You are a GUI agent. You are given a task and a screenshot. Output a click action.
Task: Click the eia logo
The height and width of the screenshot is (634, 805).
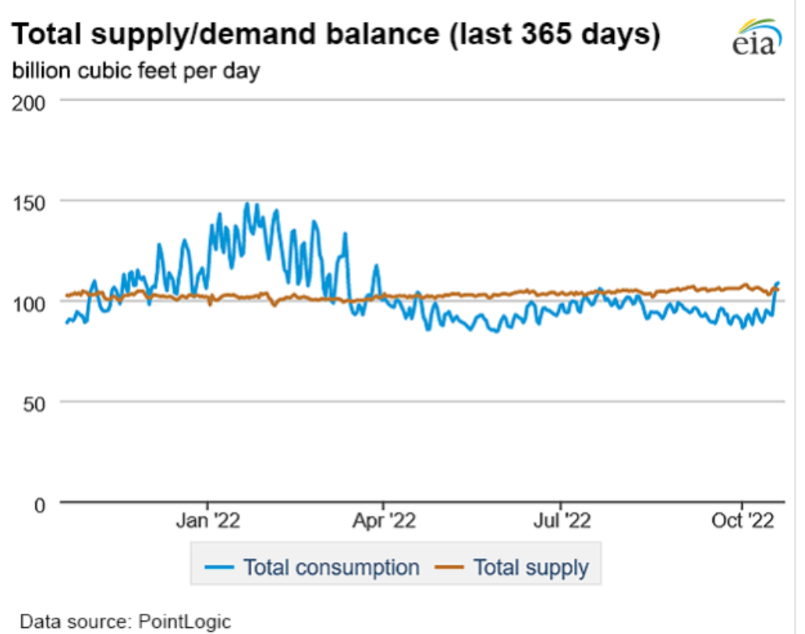pos(754,37)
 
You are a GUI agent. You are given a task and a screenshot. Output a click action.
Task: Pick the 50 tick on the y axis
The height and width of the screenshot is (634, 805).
pos(35,402)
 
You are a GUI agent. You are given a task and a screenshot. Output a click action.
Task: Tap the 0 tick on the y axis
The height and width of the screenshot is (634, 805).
pos(41,504)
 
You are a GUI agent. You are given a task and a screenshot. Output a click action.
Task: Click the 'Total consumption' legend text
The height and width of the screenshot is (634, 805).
pos(332,567)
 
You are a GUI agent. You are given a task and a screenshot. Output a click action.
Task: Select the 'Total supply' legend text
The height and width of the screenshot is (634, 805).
pos(531,567)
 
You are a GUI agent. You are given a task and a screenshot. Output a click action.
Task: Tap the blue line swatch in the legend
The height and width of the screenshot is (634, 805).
pos(221,567)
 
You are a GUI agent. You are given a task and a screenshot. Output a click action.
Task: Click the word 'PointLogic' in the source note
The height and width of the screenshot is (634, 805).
pos(185,622)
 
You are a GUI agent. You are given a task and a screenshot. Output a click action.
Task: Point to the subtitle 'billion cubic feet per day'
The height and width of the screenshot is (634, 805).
pos(135,71)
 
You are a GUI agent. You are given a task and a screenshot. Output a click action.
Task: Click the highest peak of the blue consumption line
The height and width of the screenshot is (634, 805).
pos(247,204)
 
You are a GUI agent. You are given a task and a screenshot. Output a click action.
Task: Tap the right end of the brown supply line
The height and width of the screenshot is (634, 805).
pos(777,290)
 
